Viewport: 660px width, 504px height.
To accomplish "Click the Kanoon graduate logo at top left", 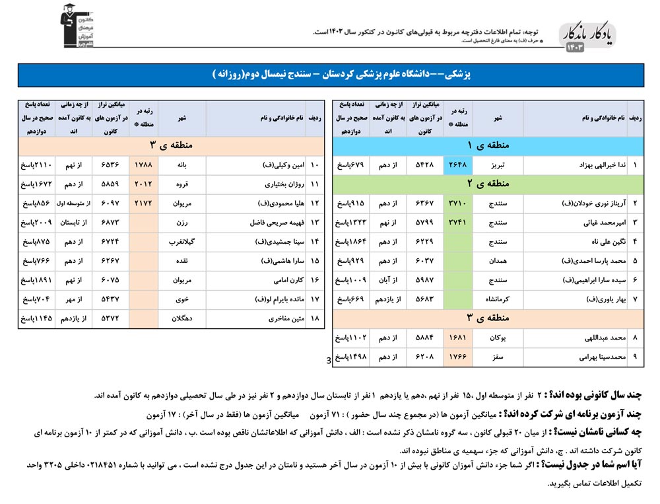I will tap(77, 26).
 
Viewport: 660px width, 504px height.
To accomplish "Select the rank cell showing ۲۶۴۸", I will tap(458, 164).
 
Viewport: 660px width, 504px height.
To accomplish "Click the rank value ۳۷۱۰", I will tap(458, 203).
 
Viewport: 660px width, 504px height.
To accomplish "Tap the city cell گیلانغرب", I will tap(182, 242).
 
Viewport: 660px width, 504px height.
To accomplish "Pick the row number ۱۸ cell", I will tap(315, 318).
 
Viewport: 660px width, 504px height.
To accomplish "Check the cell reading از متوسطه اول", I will tap(73, 203).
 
